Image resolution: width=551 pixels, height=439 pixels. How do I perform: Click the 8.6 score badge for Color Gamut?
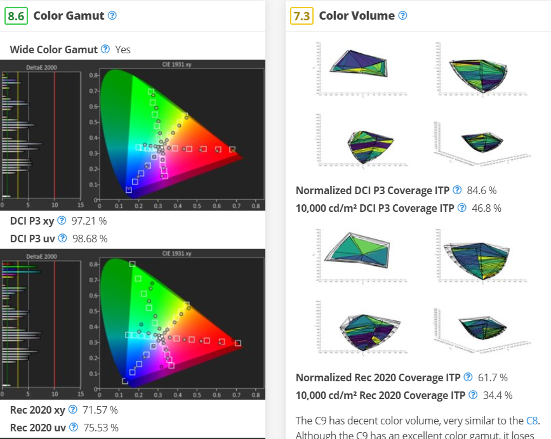15,16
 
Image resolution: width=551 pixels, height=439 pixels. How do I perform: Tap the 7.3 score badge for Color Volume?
300,16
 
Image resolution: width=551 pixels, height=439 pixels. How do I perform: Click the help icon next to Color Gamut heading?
112,15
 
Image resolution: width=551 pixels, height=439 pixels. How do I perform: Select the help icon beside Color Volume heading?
402,15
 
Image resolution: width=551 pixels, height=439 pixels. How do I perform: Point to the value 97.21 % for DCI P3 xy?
89,221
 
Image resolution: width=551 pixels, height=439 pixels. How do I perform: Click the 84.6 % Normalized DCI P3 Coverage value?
481,190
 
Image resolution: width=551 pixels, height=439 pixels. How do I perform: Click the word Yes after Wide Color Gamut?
123,49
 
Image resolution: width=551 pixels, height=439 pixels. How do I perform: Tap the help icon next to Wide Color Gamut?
105,49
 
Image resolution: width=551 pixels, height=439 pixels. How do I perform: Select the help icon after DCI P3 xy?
62,220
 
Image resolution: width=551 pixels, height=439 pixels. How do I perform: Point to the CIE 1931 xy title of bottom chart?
176,254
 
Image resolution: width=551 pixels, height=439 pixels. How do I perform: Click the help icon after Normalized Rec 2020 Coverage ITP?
468,377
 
